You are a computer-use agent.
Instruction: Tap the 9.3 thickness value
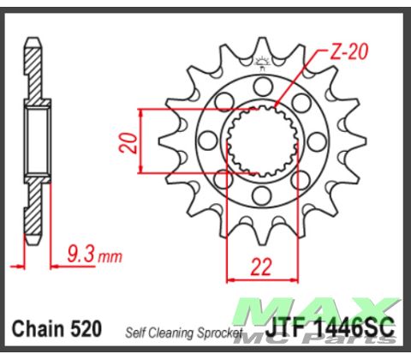pyautogui.click(x=78, y=253)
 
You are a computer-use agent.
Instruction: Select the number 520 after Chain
pyautogui.click(x=86, y=328)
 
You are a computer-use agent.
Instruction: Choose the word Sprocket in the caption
pyautogui.click(x=222, y=332)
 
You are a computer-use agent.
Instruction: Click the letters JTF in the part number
pyautogui.click(x=272, y=328)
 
